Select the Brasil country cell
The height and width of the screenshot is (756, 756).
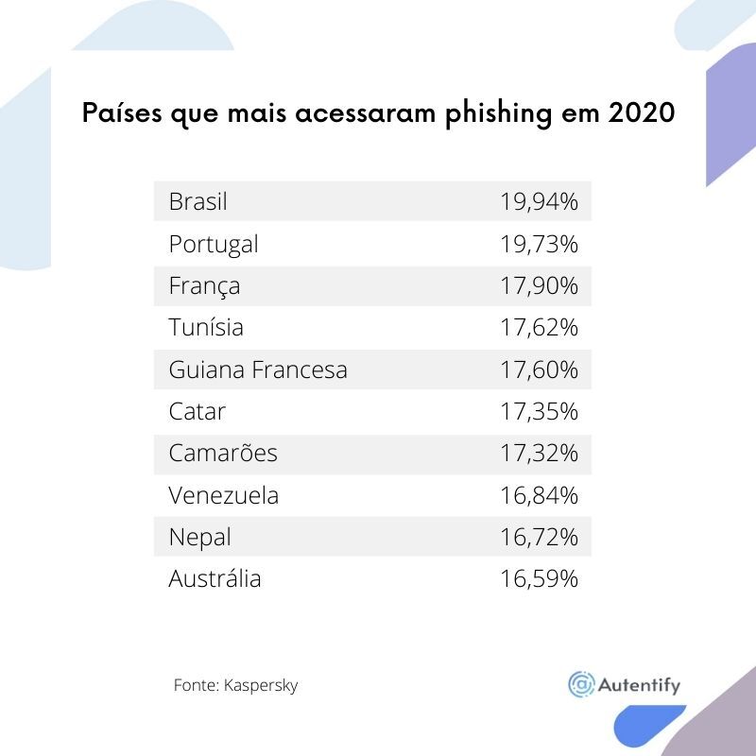pos(198,201)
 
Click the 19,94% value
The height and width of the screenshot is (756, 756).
pos(539,201)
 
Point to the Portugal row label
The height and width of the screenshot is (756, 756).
pos(213,244)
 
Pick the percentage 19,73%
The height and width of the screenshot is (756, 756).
pos(539,244)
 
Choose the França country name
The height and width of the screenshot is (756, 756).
pos(204,285)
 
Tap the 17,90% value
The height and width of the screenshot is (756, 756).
pos(539,285)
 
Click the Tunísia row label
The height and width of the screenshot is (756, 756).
pos(206,327)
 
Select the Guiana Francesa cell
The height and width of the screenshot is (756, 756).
pos(258,369)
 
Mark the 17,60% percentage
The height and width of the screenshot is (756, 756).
pos(539,369)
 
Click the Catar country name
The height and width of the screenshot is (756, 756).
pos(197,411)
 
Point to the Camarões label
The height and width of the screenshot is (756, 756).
pos(223,453)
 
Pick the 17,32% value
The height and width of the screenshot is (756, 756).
pos(539,453)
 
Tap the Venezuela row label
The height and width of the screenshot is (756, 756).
pos(224,495)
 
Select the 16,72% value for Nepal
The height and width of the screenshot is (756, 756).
pos(539,537)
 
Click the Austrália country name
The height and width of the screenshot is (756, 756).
pos(215,578)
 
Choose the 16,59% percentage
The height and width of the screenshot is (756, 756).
pos(539,578)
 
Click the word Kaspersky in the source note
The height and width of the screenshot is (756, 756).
pos(261,685)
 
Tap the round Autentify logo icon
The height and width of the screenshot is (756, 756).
pos(580,684)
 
